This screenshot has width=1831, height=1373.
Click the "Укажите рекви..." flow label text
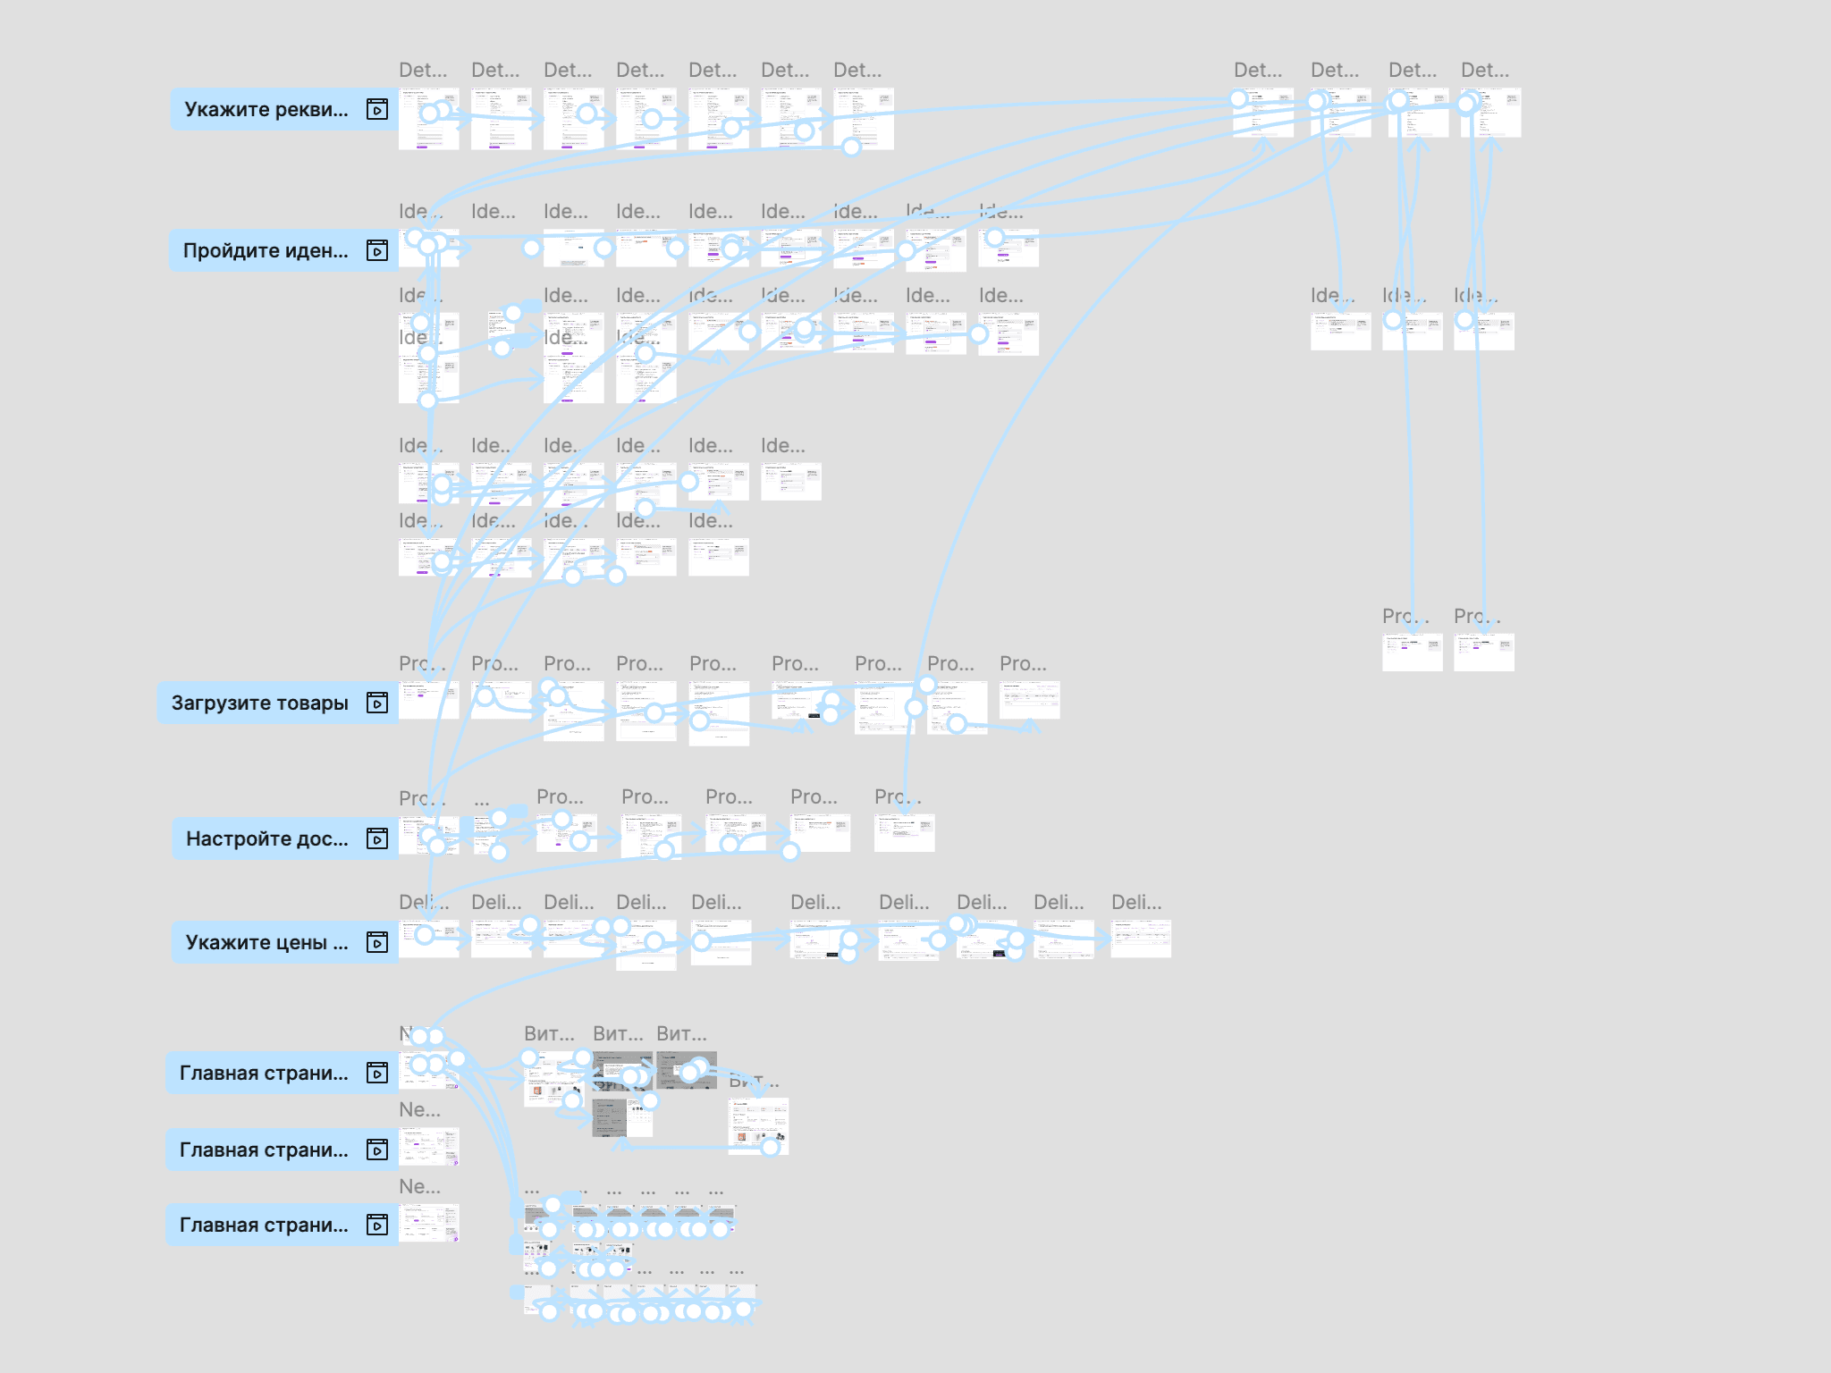[266, 110]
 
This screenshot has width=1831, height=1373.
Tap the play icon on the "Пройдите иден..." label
[377, 250]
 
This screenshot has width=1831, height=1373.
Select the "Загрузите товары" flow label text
[260, 703]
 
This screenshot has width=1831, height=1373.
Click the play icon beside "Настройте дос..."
[377, 838]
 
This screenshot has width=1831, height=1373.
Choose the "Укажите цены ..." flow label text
[266, 943]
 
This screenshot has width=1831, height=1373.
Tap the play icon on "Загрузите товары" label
[377, 703]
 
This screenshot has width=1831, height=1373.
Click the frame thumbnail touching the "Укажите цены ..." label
[429, 939]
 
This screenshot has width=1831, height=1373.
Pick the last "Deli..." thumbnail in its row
[1141, 939]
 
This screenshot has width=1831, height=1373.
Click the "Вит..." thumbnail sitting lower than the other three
[758, 1126]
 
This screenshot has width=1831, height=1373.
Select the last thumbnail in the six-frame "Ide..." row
[790, 481]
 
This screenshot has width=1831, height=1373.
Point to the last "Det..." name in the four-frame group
[1484, 71]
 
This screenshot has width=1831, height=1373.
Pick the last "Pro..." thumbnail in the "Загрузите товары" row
[1029, 701]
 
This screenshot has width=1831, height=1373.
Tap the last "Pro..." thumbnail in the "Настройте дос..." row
[904, 833]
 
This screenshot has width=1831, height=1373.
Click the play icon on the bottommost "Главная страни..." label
[377, 1226]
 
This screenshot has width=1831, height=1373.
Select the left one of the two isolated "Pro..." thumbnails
[1412, 653]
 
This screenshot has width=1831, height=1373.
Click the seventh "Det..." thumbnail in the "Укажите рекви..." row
[864, 117]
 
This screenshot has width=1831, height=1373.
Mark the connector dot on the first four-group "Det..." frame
[1239, 99]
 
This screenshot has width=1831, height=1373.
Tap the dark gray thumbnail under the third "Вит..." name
[686, 1070]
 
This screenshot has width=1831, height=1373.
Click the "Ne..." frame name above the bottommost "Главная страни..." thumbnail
[419, 1187]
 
